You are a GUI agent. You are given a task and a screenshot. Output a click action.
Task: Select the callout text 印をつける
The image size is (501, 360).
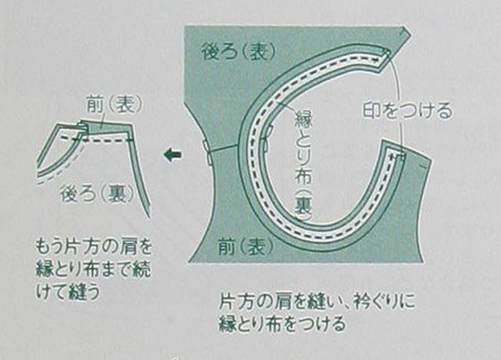(x=408, y=111)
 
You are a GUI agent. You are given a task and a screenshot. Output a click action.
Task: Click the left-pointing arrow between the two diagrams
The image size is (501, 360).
(x=172, y=155)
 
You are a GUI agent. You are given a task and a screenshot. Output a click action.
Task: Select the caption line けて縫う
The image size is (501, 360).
(x=68, y=292)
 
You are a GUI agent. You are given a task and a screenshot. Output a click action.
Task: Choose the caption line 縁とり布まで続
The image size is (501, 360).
(x=93, y=270)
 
